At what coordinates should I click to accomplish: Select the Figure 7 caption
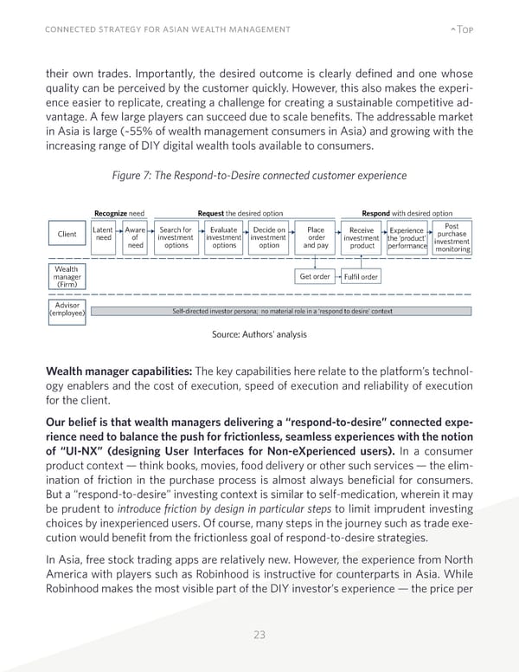click(x=259, y=176)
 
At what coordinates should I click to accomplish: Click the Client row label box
click(x=67, y=234)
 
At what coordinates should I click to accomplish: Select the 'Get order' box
click(x=315, y=276)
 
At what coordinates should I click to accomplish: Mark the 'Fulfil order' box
click(x=361, y=276)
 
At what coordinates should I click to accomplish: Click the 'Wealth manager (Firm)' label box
click(x=67, y=276)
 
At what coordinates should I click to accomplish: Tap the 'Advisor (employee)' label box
click(x=67, y=311)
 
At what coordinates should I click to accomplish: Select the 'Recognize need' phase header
click(x=119, y=213)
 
